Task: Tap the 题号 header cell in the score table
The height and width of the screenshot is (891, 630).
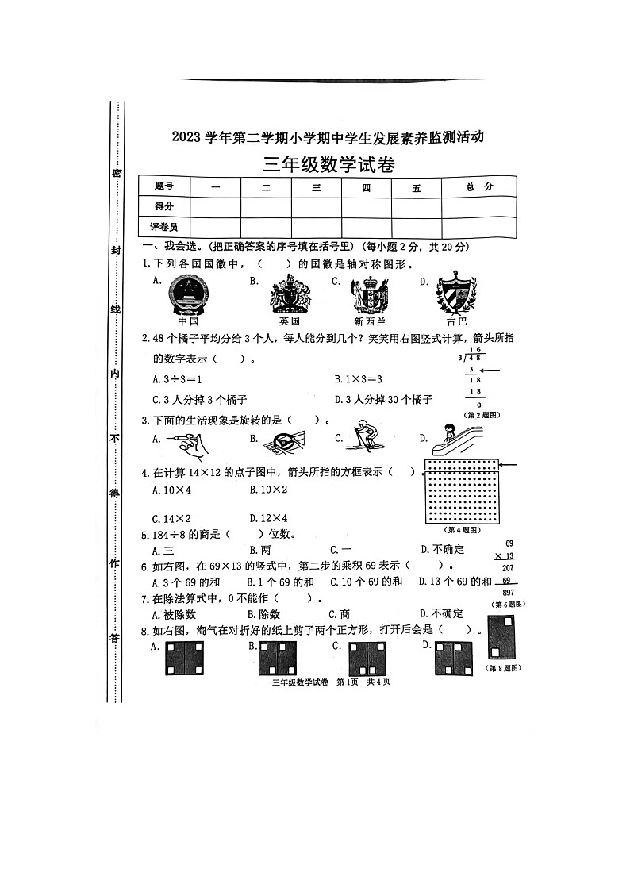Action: [163, 186]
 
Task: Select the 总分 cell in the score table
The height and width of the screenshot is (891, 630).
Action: [479, 186]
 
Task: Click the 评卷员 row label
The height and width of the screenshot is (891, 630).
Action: [163, 228]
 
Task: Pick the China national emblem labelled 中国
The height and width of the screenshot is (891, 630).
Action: [188, 296]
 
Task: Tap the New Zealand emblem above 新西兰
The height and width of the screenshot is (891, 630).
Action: [369, 296]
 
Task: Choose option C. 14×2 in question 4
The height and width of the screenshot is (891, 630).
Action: [171, 518]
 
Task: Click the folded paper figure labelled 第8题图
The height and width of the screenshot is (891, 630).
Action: [501, 637]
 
